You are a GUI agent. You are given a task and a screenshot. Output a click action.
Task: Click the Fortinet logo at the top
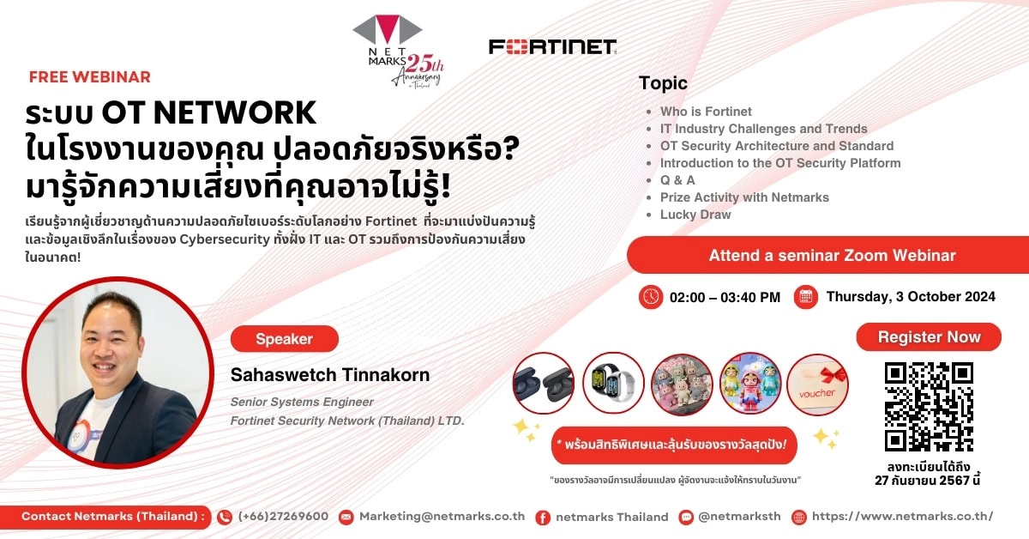click(x=552, y=47)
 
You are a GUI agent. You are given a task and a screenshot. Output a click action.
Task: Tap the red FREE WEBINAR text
click(x=89, y=77)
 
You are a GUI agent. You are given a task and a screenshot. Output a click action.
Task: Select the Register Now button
click(x=929, y=337)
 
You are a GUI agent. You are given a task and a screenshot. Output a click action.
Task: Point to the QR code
click(x=929, y=406)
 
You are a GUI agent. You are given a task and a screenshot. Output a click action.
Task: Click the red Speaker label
click(x=284, y=339)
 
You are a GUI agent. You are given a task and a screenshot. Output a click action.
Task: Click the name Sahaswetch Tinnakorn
click(x=330, y=375)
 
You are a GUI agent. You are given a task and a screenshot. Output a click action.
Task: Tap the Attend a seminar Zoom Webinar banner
click(x=831, y=256)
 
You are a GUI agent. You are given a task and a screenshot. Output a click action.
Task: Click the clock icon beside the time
click(x=651, y=297)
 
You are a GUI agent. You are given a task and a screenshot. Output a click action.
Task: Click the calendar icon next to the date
click(x=805, y=297)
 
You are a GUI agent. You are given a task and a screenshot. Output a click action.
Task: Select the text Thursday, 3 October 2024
click(x=911, y=297)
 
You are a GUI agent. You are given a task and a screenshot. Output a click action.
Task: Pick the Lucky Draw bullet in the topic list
click(x=695, y=215)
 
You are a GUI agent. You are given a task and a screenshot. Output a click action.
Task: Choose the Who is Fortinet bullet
click(x=706, y=112)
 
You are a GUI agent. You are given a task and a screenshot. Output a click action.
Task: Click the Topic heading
click(x=663, y=83)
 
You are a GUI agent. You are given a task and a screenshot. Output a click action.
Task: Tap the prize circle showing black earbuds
click(x=543, y=384)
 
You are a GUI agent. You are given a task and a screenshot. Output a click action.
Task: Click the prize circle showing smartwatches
click(x=612, y=384)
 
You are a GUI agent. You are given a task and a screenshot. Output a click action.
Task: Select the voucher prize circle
click(x=817, y=384)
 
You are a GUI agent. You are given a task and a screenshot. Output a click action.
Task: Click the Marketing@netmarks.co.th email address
click(x=442, y=517)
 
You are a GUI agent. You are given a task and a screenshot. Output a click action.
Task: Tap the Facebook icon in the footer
click(x=542, y=517)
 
